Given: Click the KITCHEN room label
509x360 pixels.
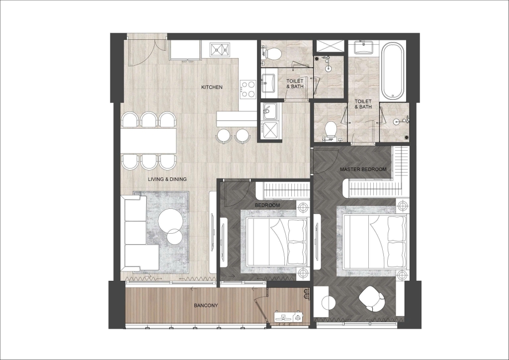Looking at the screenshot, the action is [212, 87].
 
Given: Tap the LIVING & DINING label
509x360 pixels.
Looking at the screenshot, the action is [167, 179].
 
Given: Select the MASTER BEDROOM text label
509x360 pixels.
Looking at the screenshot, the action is [363, 169].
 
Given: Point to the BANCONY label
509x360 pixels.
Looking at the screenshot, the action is [206, 305].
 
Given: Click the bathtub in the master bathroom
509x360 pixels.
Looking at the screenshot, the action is [393, 71].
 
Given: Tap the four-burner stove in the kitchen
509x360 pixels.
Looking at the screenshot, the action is [248, 90].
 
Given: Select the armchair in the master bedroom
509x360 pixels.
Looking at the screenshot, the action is [372, 298].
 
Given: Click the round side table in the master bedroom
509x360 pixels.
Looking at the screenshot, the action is [328, 302].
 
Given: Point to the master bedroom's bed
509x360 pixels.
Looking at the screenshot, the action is [375, 241].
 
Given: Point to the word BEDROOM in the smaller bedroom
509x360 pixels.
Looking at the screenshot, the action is [267, 205].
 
